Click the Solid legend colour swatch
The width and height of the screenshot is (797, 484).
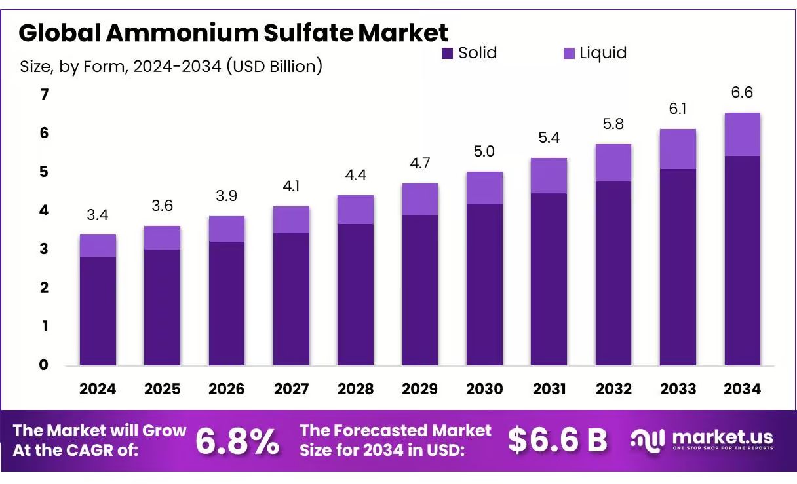(x=448, y=54)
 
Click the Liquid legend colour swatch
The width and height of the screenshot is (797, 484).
(x=569, y=54)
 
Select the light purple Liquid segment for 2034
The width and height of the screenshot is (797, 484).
(x=742, y=134)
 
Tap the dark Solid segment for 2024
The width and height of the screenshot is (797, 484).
(x=98, y=310)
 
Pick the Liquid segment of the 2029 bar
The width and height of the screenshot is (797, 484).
(x=420, y=199)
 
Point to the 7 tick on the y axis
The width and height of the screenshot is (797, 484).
(x=45, y=95)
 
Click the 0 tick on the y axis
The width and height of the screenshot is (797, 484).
(x=45, y=365)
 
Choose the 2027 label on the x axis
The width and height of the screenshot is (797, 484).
(x=291, y=389)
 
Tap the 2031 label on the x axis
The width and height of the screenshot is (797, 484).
(x=549, y=389)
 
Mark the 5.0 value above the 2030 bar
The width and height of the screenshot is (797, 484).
(x=484, y=151)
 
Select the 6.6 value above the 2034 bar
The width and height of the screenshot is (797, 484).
(x=742, y=93)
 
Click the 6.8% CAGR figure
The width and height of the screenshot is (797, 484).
(x=237, y=441)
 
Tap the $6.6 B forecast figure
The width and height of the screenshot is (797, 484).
(x=558, y=441)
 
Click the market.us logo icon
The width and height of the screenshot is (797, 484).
(x=648, y=440)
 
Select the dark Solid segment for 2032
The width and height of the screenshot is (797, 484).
(x=613, y=273)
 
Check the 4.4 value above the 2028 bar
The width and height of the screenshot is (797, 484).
(x=355, y=176)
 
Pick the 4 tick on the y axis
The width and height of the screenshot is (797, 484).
(x=45, y=211)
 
